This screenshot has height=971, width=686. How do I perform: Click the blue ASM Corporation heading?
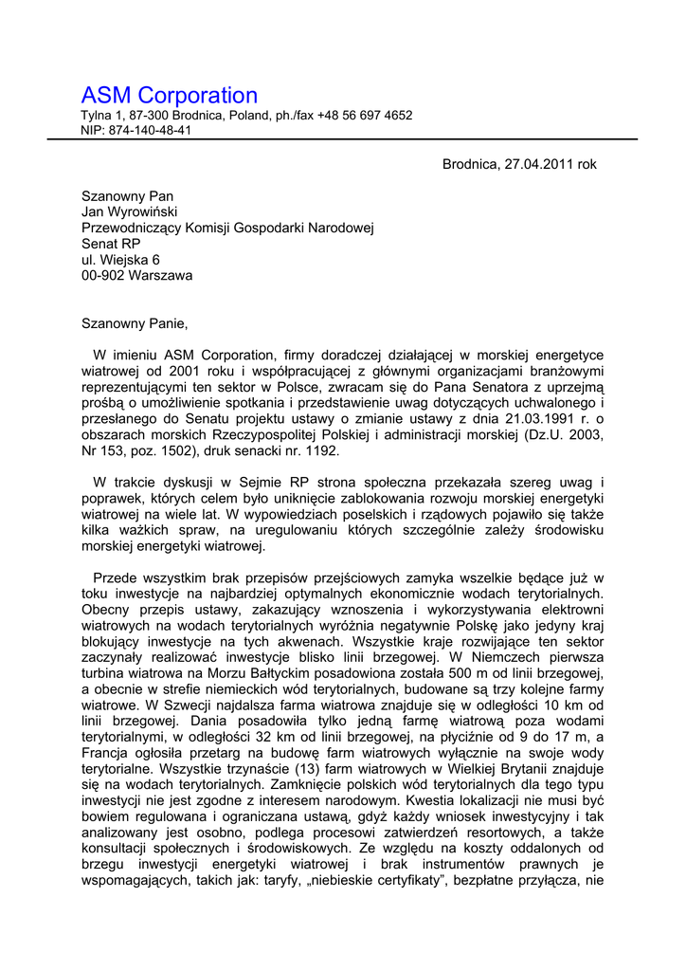(x=170, y=96)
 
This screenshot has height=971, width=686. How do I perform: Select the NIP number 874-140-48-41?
(x=150, y=131)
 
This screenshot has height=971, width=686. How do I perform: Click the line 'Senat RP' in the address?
(x=111, y=244)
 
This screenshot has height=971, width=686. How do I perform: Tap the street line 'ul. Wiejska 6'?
(x=120, y=260)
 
